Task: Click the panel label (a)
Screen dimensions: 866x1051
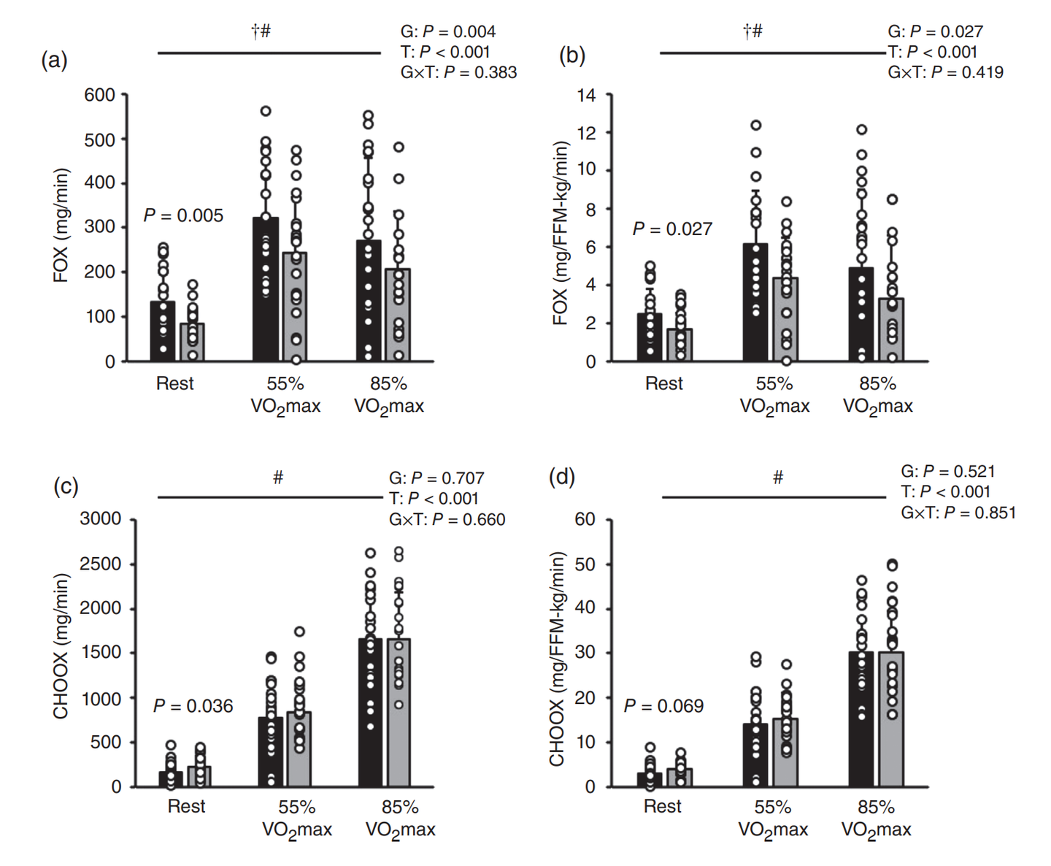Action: [x=54, y=60]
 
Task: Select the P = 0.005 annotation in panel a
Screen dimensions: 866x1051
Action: [x=183, y=215]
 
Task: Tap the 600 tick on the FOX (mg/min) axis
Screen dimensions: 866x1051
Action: [x=99, y=95]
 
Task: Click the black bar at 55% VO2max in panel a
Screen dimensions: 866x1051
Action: [x=265, y=289]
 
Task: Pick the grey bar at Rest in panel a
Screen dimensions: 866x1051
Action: [x=192, y=342]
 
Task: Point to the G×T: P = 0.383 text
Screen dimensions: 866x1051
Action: [x=458, y=72]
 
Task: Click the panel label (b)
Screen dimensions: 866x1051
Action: [x=571, y=55]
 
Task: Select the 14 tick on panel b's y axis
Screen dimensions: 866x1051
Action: [x=587, y=95]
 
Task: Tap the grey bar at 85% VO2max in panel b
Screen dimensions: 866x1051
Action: [x=891, y=329]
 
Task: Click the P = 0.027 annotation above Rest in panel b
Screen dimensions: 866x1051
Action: [x=672, y=229]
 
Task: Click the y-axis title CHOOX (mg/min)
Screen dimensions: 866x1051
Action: [x=61, y=645]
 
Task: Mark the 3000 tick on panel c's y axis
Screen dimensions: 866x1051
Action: [x=101, y=519]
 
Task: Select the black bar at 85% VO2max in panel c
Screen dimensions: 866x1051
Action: [x=370, y=713]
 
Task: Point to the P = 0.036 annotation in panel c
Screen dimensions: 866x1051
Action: [x=193, y=706]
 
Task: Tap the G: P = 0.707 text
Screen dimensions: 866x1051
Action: [x=436, y=478]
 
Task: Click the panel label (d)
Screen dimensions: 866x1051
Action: [x=561, y=478]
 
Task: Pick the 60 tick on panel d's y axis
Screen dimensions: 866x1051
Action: [x=585, y=519]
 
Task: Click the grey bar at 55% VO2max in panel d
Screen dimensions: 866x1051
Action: [x=785, y=752]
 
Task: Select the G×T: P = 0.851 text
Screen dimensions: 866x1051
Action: [x=958, y=513]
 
